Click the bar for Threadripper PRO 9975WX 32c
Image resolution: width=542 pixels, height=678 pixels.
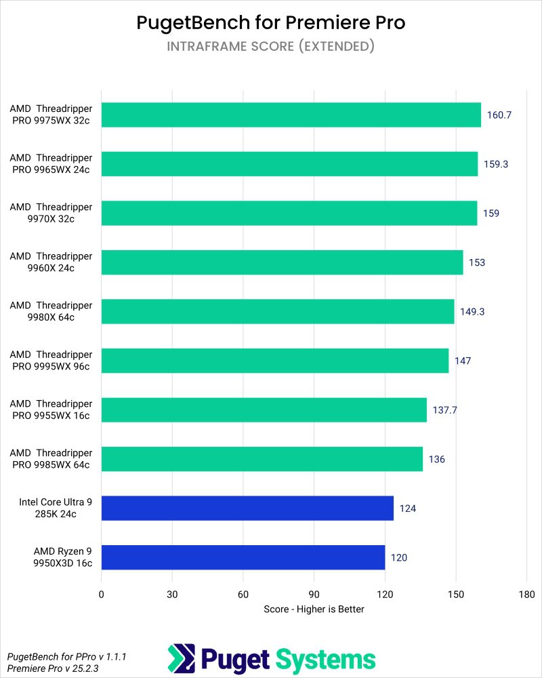point(291,115)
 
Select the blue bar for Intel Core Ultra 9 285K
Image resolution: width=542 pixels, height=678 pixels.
point(247,508)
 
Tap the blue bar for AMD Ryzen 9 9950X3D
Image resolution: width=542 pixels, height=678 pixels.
point(243,557)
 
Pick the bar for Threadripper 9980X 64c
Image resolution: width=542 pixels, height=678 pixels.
point(278,311)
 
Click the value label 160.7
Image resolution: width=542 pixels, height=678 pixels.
point(499,115)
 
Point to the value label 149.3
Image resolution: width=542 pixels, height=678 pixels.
point(472,312)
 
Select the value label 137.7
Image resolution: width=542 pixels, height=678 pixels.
point(444,410)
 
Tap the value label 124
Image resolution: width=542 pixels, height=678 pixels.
point(407,509)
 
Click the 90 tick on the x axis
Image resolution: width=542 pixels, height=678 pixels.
point(314,595)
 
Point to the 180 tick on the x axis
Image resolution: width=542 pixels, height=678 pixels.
point(526,595)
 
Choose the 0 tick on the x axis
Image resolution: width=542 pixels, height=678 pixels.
point(102,595)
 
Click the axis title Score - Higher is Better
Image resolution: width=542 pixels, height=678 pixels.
point(314,609)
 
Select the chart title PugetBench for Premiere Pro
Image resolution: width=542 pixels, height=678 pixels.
point(271,22)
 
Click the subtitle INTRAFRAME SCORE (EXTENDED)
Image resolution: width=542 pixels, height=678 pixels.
point(271,47)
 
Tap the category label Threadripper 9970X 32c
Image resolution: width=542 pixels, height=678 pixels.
point(51,213)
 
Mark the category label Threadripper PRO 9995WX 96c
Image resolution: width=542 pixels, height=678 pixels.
point(51,361)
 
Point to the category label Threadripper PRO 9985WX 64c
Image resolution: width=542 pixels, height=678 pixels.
point(51,459)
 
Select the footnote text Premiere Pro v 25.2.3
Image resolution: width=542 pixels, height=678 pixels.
point(52,669)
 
